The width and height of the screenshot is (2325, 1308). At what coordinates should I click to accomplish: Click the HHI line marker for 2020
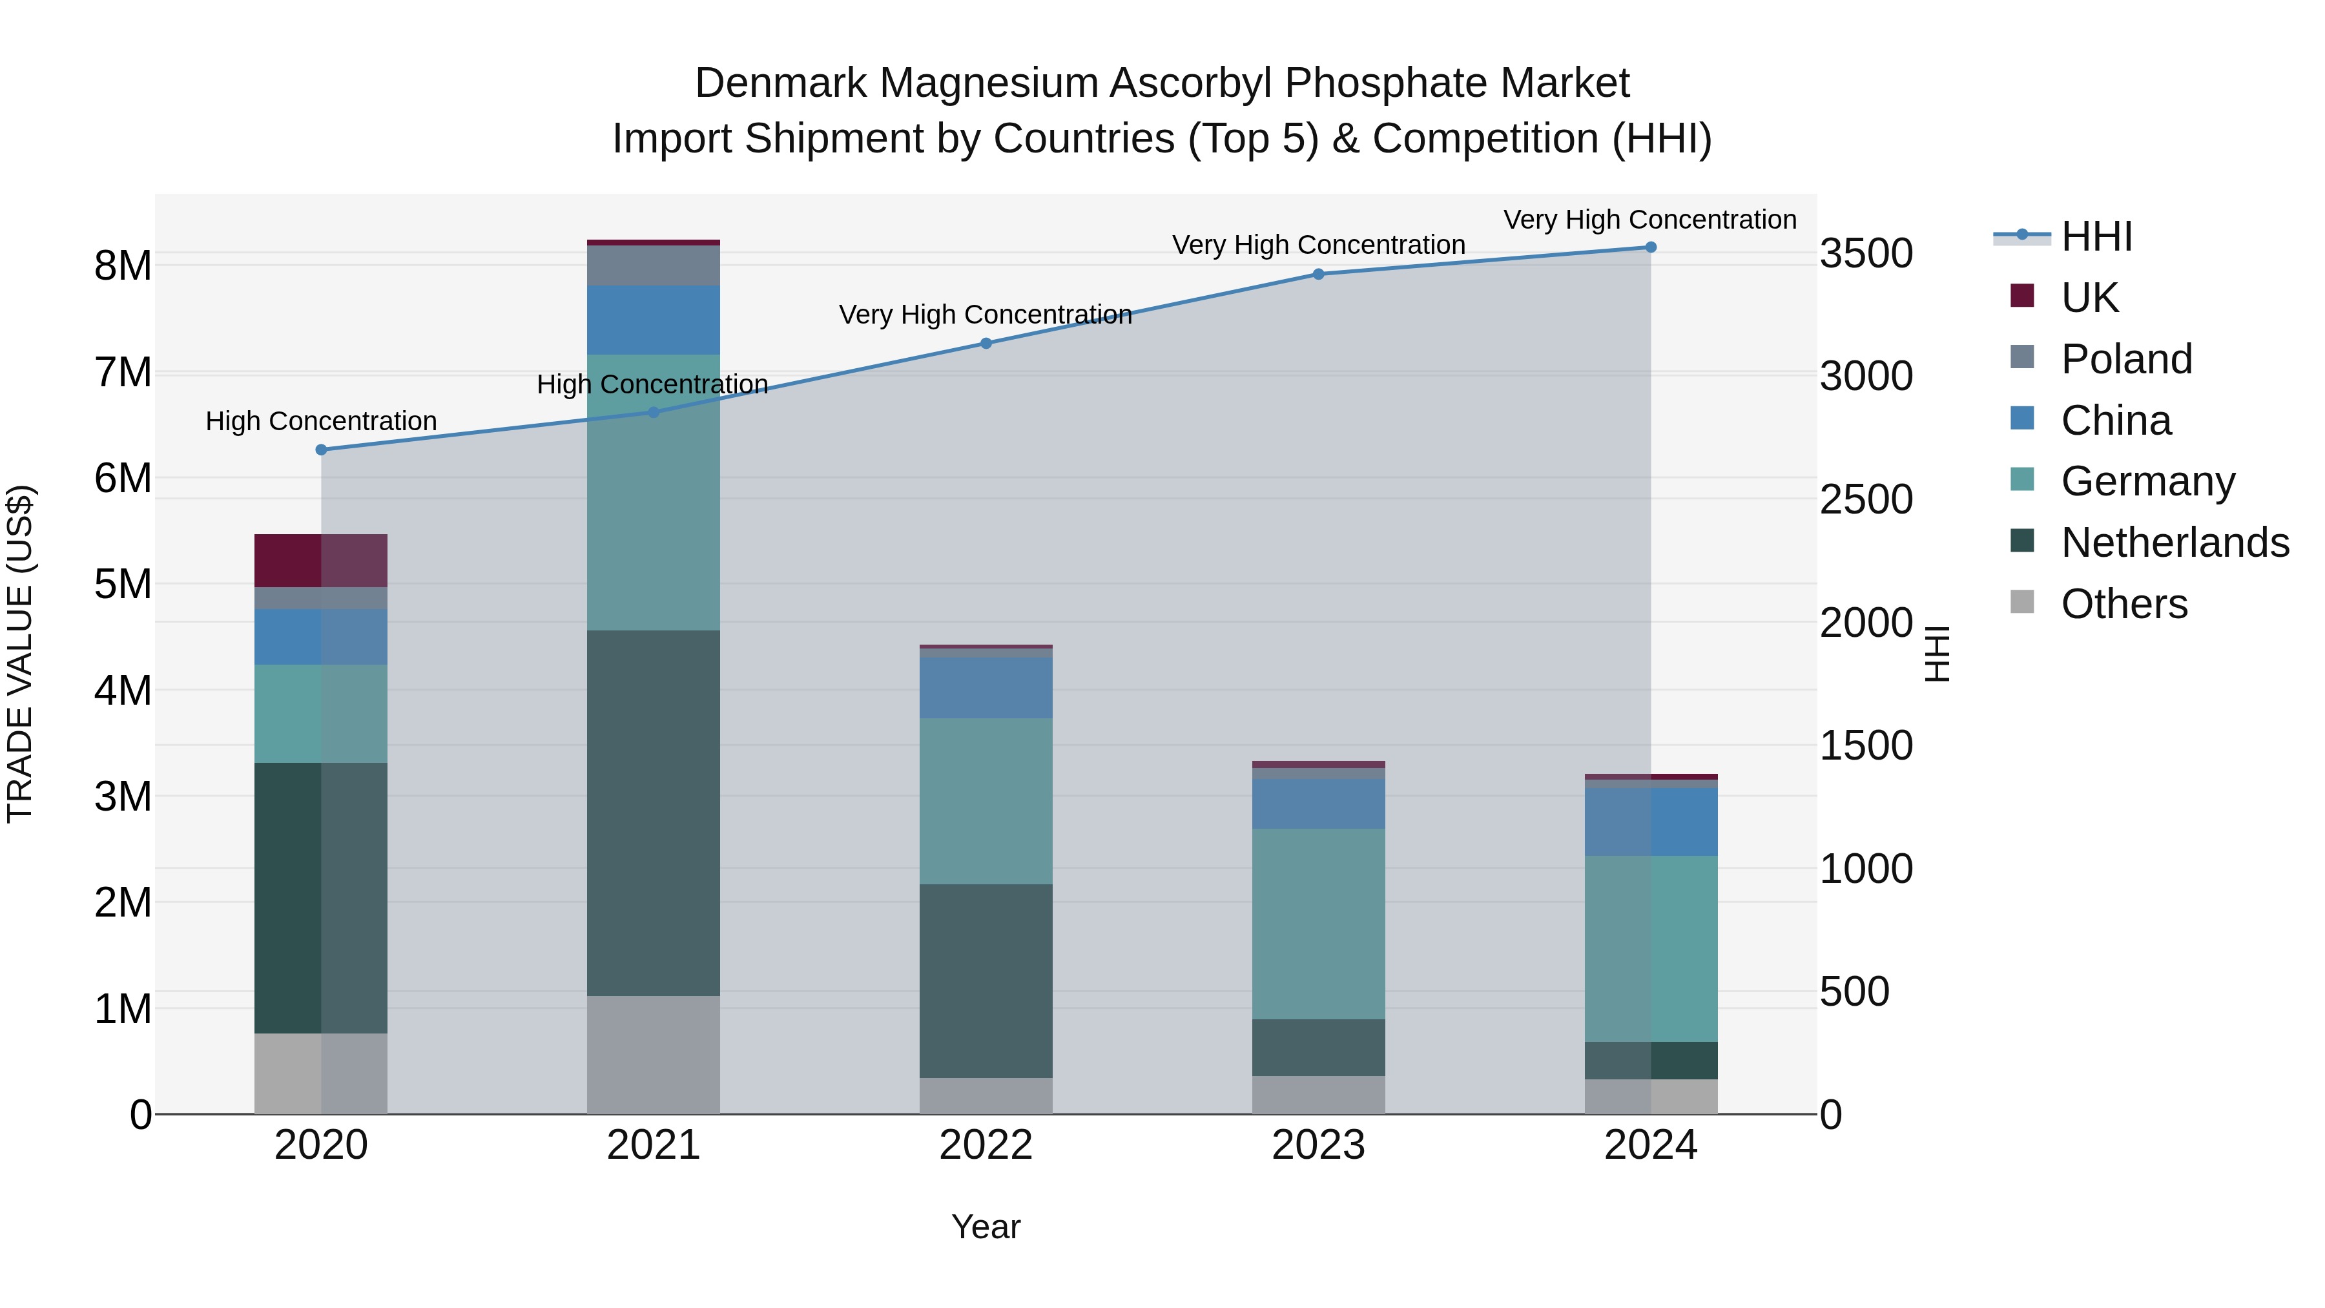pos(322,450)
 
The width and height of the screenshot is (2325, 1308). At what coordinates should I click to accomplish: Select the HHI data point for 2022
pos(986,343)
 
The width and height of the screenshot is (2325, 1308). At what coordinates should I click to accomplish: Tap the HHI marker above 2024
pos(1651,247)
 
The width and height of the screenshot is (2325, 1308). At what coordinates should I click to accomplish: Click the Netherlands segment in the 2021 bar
pos(654,813)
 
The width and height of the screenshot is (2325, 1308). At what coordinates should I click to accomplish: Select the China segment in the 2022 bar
pos(986,688)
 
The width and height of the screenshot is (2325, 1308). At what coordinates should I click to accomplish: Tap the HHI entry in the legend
pos(2096,236)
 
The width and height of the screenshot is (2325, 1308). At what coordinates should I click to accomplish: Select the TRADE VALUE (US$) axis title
pos(20,654)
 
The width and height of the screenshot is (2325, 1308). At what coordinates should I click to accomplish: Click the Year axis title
pos(986,1227)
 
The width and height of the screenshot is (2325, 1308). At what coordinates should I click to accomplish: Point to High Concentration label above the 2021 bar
pos(652,384)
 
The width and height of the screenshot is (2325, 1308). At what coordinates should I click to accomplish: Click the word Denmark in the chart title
pos(781,83)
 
